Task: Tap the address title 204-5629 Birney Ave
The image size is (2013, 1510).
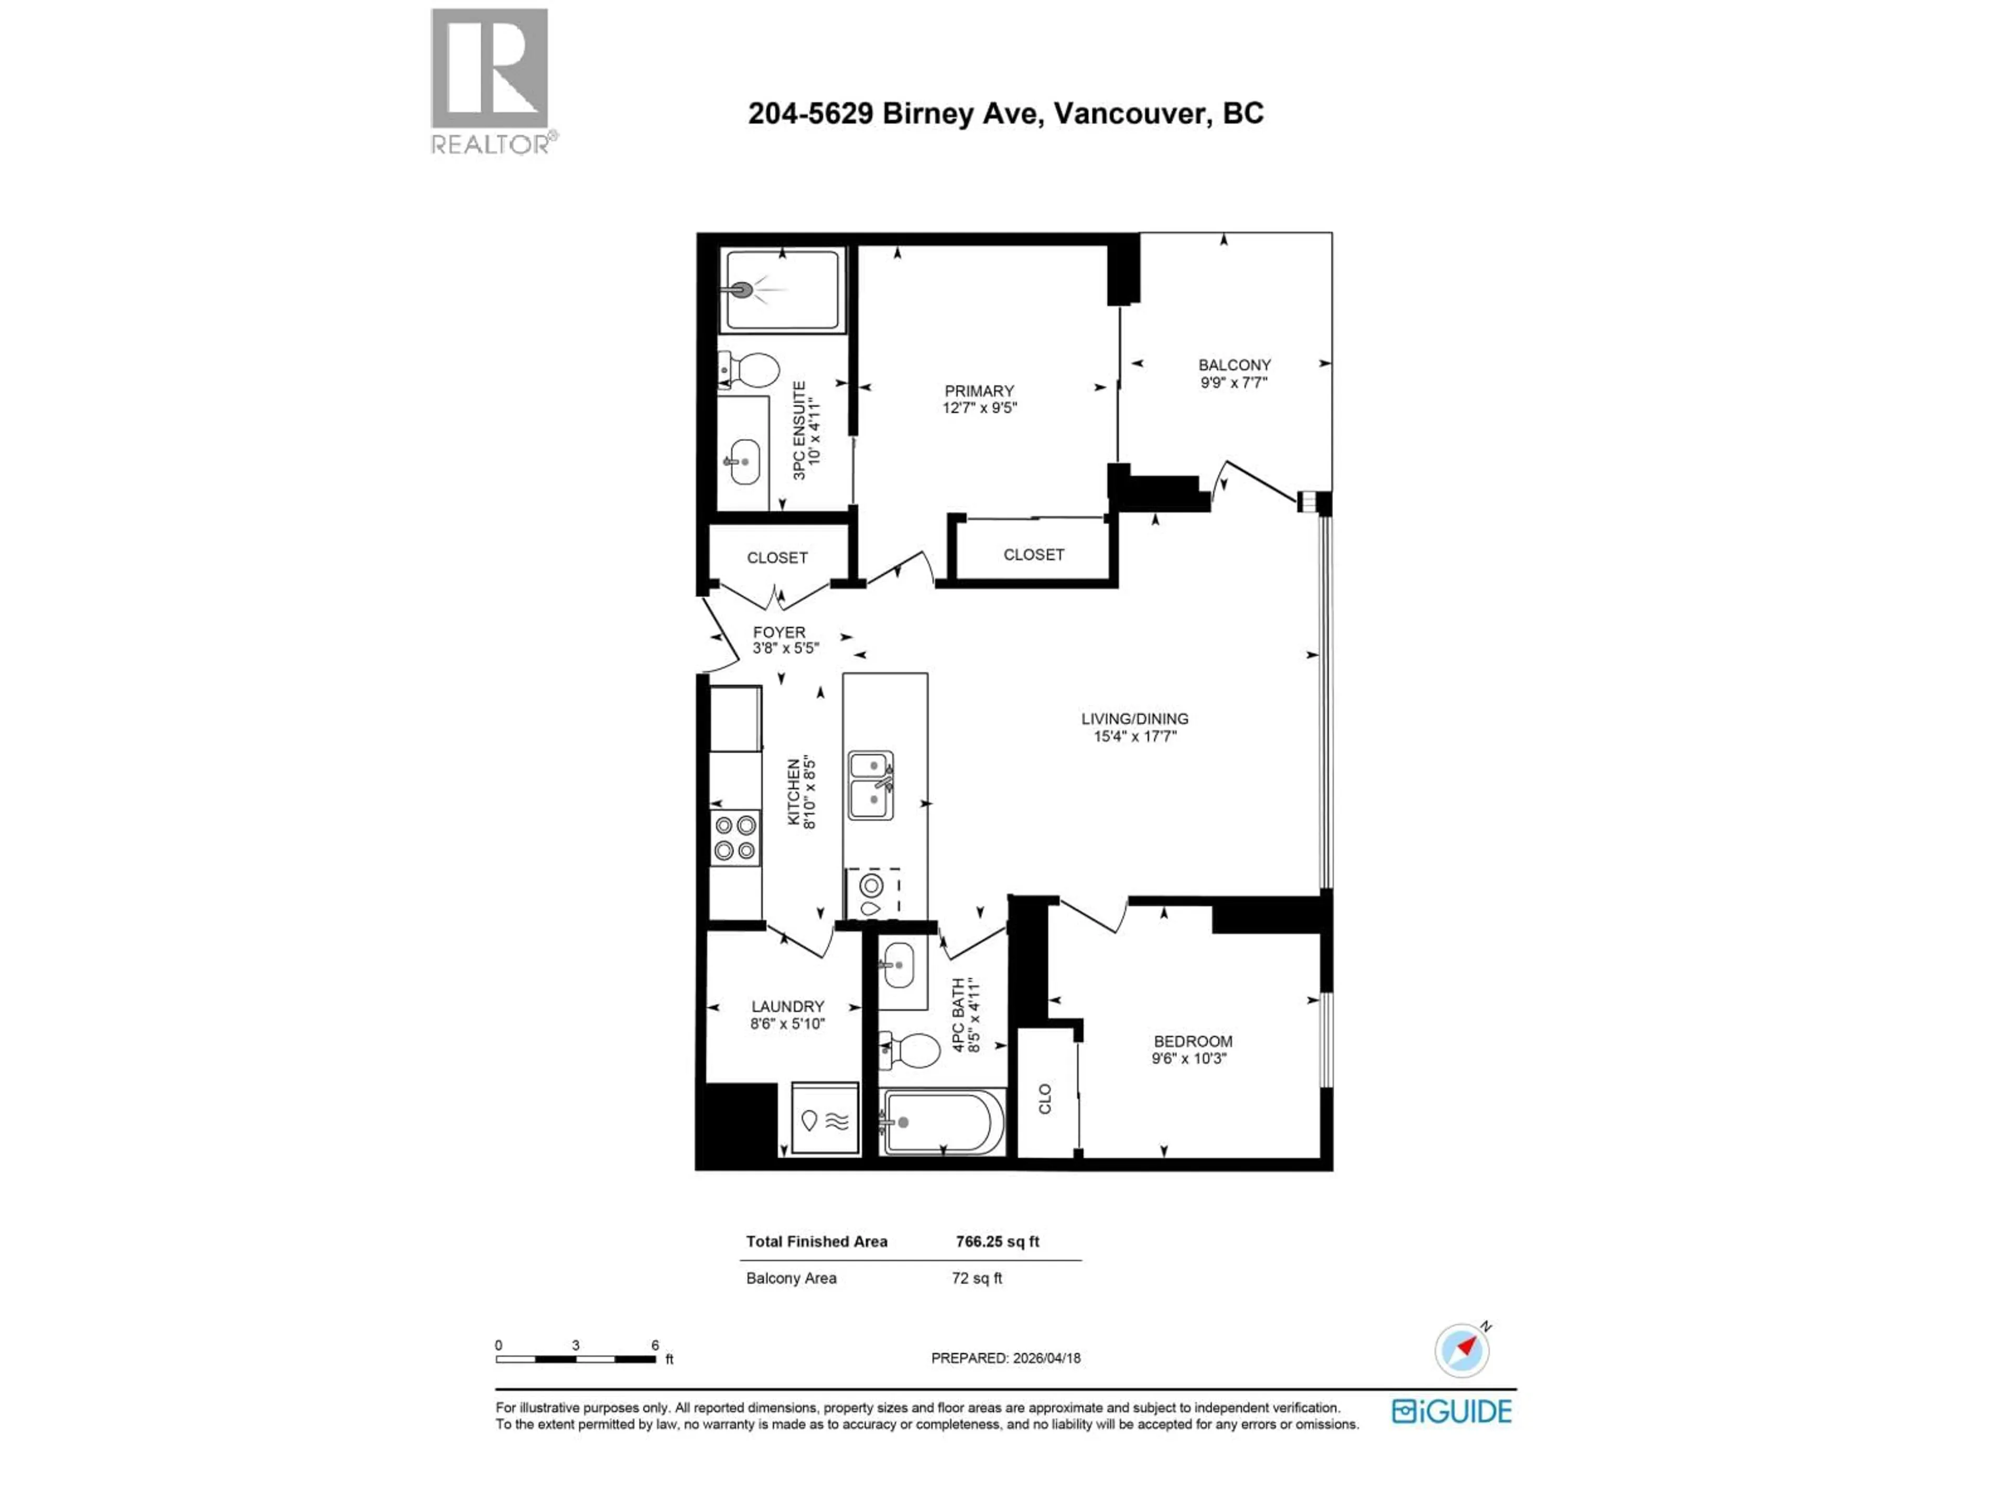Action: pyautogui.click(x=1005, y=114)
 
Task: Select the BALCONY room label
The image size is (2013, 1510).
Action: pyautogui.click(x=1234, y=365)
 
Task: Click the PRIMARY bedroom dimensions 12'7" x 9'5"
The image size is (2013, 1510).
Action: pyautogui.click(x=979, y=408)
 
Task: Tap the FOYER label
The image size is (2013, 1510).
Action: pyautogui.click(x=779, y=632)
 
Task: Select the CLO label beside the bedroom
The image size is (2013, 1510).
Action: pyautogui.click(x=1045, y=1098)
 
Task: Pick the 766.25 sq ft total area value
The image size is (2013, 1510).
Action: pyautogui.click(x=998, y=1242)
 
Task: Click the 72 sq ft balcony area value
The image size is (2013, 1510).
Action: pyautogui.click(x=977, y=1278)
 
